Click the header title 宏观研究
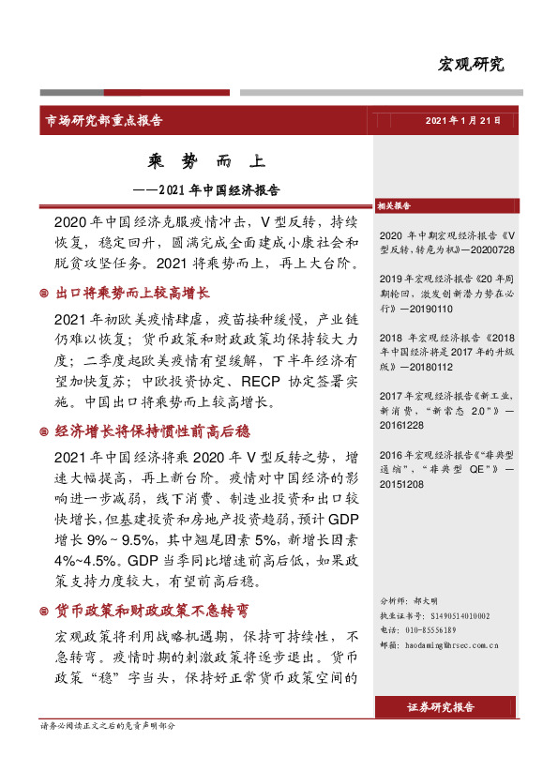(471, 65)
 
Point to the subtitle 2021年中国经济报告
(207, 189)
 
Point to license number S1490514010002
(434, 615)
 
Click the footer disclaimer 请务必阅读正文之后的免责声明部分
(107, 725)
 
